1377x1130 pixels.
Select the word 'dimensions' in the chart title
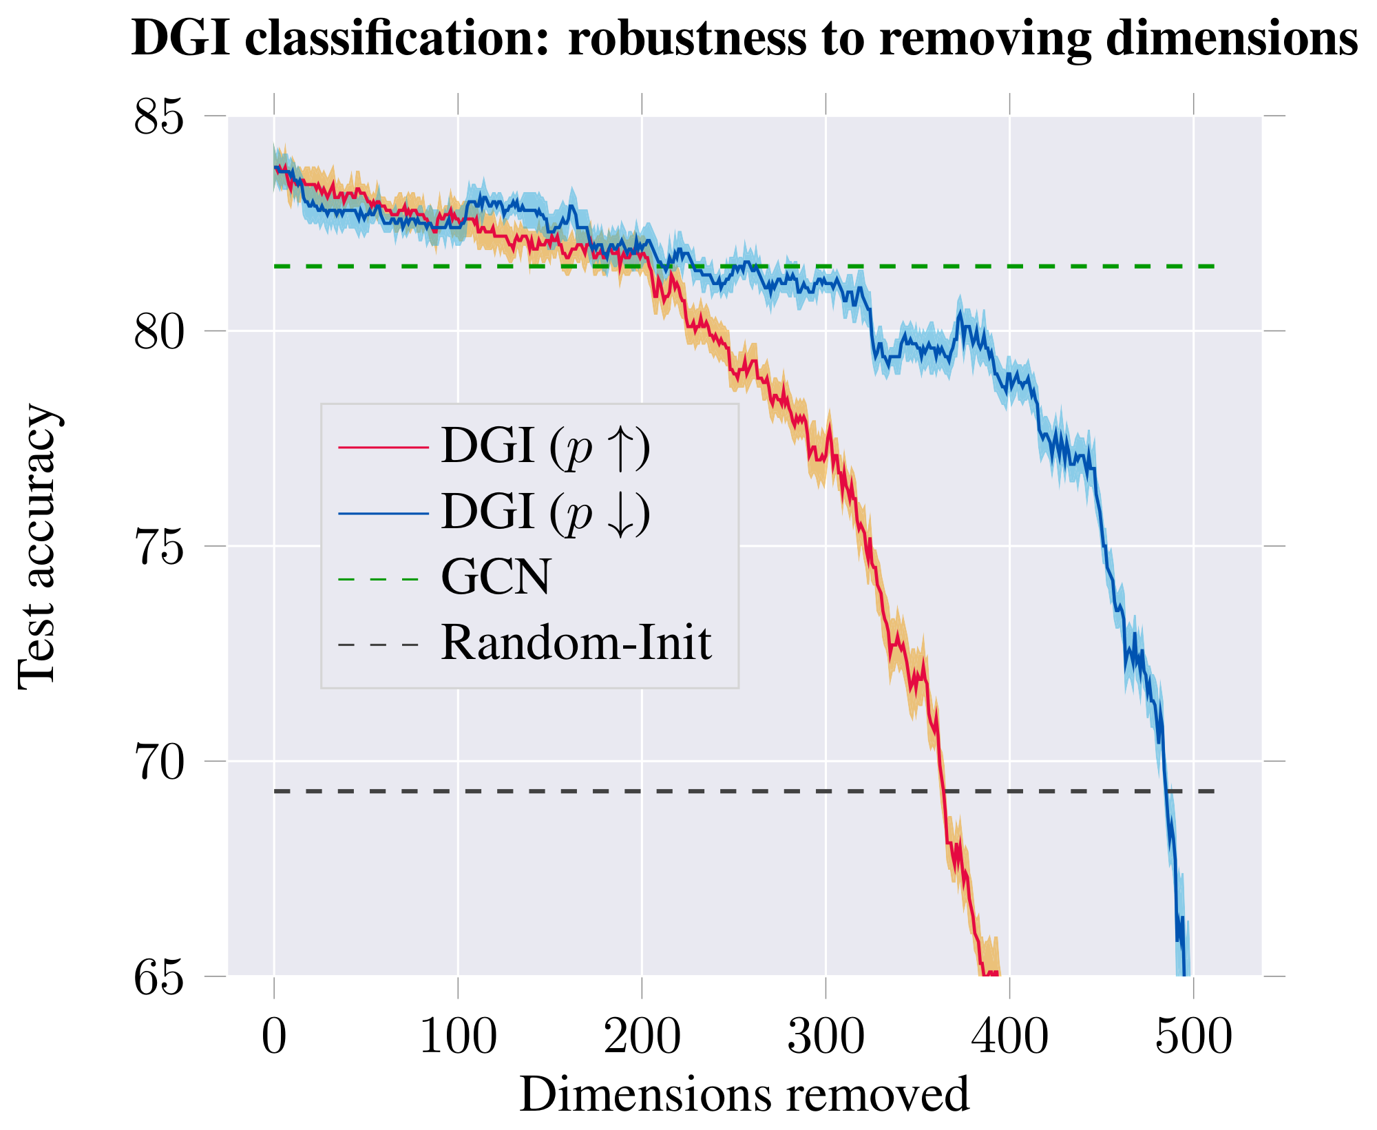[x=1232, y=39]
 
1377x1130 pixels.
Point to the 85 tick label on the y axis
[x=160, y=116]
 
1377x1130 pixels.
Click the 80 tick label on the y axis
[x=160, y=331]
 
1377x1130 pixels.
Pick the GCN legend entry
[x=496, y=577]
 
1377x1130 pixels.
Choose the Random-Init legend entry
[x=576, y=643]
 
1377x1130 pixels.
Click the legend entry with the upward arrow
[x=545, y=448]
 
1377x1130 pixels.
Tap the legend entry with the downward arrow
[x=545, y=513]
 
